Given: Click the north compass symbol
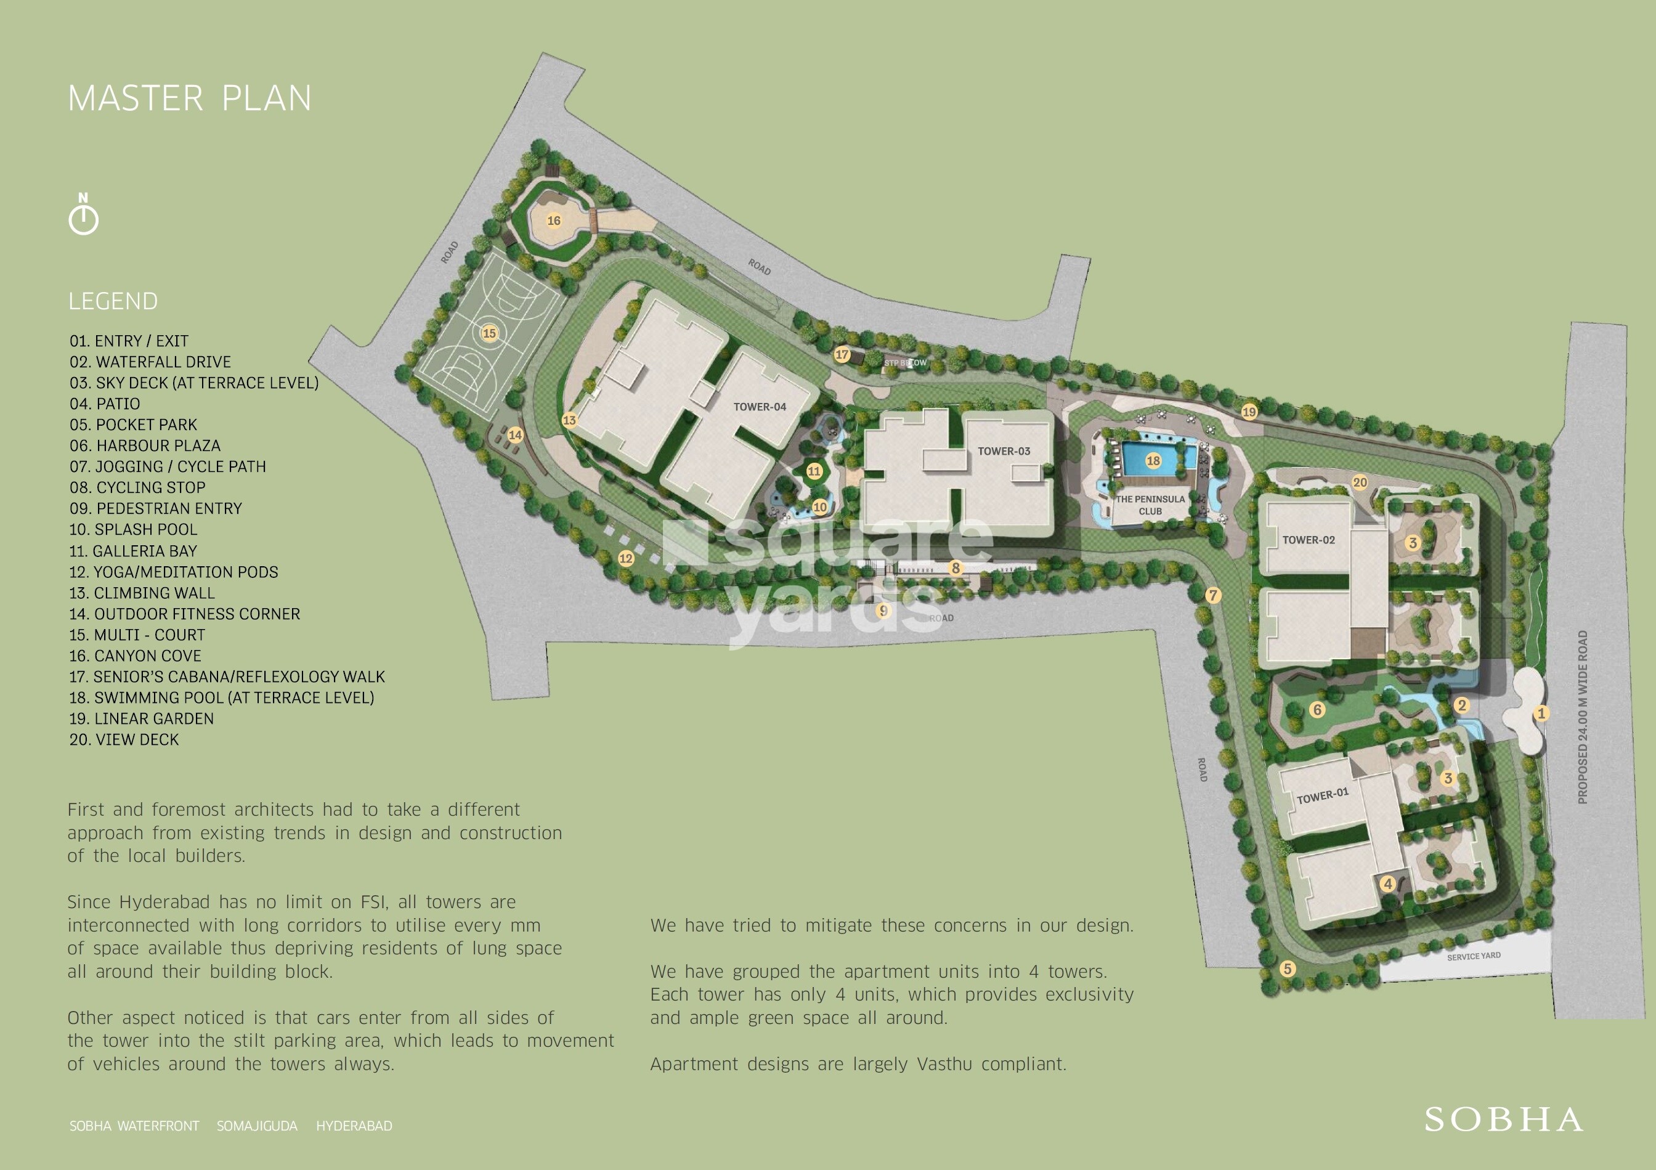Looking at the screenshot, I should (x=84, y=214).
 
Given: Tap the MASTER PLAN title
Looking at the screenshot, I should (x=189, y=99).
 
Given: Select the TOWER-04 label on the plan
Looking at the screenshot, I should (x=760, y=407).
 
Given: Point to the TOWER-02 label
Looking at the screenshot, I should (x=1309, y=540).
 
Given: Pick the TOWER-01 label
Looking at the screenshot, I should (x=1322, y=795).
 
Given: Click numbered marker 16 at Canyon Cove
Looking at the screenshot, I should (x=554, y=221).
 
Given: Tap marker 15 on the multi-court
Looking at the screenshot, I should (x=489, y=333).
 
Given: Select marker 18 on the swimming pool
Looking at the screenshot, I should (x=1153, y=461).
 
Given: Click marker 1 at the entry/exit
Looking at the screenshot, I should (x=1541, y=713).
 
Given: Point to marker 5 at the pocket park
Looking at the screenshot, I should (x=1288, y=969).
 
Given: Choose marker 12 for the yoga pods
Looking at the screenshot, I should (x=625, y=558).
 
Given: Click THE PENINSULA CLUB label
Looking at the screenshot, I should (x=1150, y=505).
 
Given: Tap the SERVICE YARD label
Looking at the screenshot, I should (x=1474, y=956).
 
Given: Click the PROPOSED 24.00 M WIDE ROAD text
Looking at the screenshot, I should (x=1583, y=717).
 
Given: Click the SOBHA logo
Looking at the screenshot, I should (x=1504, y=1119).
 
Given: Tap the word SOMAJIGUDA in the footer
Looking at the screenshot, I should (x=257, y=1126).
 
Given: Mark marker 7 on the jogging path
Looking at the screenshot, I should (x=1213, y=595).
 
